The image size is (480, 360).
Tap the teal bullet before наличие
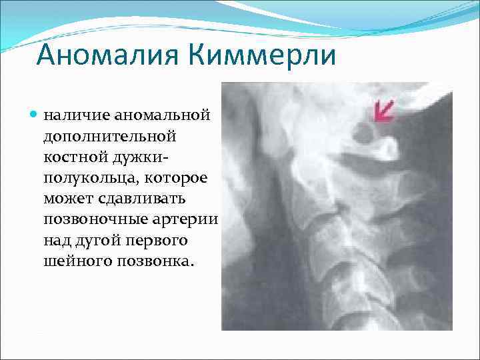click(34, 115)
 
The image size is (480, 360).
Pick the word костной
click(73, 157)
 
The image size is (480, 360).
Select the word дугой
click(97, 241)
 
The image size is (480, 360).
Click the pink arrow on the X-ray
click(383, 111)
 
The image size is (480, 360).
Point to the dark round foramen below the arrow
click(365, 134)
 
